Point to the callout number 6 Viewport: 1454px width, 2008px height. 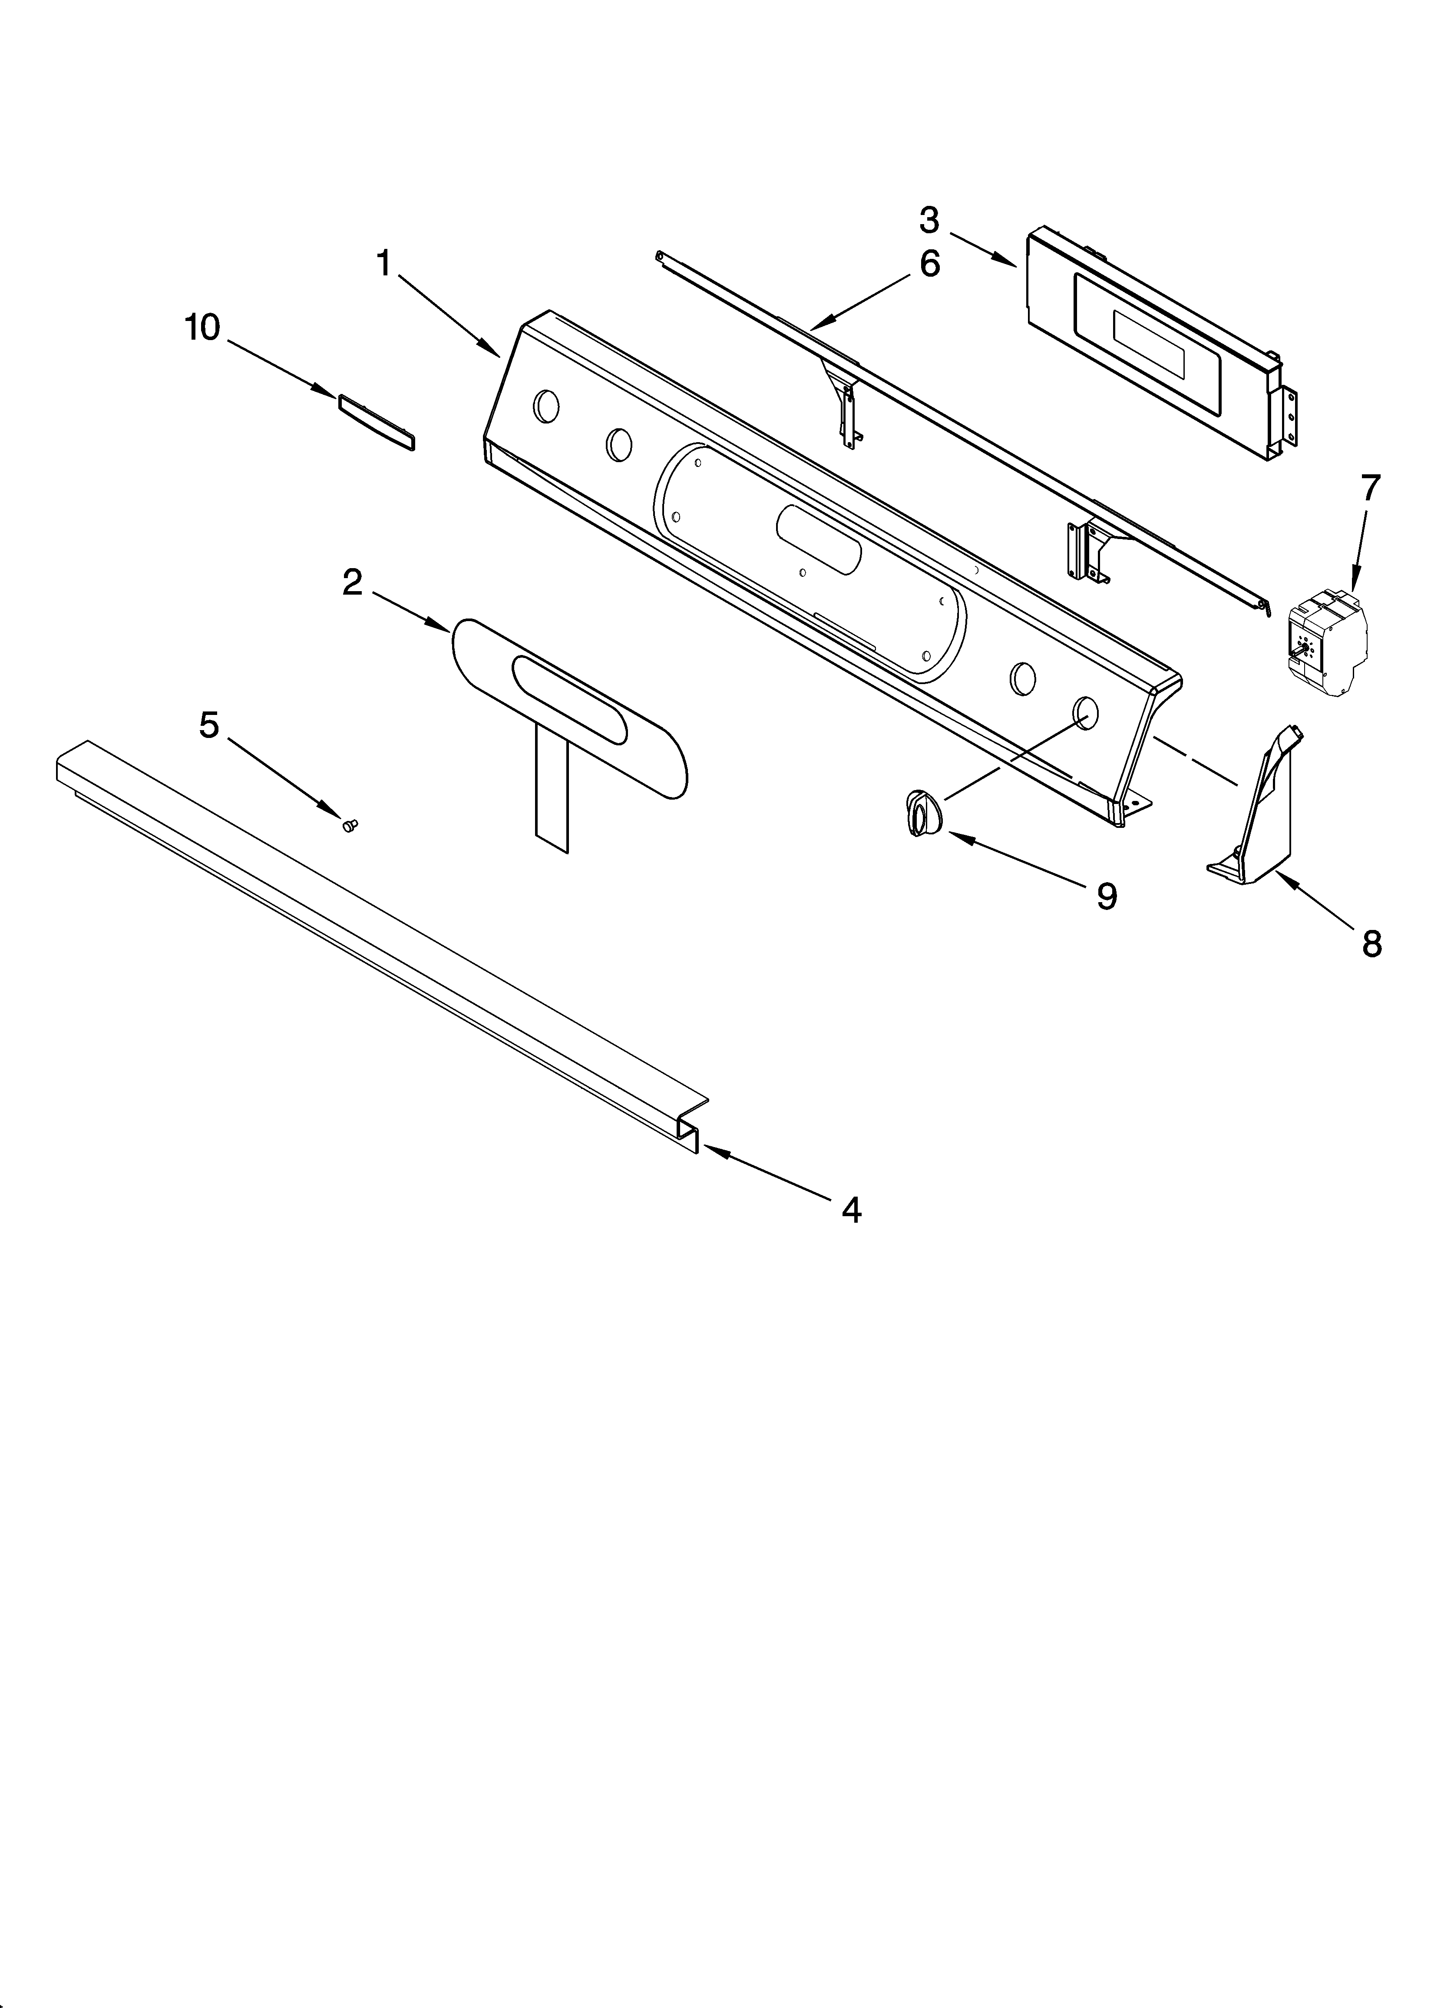(929, 264)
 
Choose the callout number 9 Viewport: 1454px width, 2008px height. (1106, 897)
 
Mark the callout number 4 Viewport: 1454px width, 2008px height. (851, 1209)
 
